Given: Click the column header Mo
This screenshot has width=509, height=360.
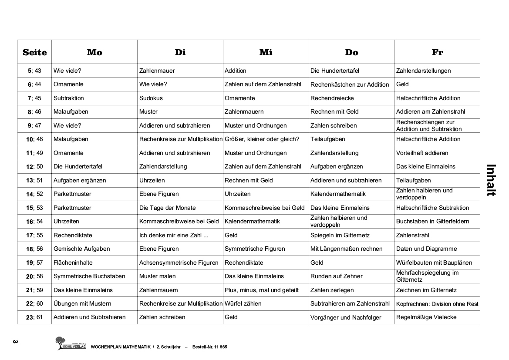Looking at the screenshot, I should (x=94, y=52).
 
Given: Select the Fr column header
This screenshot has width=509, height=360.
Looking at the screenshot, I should (x=437, y=52).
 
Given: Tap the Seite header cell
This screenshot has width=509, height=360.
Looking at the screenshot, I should (x=34, y=52).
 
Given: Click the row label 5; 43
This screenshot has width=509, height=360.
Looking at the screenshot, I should (x=34, y=71).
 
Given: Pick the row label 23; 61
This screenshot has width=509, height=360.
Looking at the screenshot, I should (x=34, y=317).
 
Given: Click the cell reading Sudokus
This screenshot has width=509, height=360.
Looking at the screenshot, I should (x=151, y=98).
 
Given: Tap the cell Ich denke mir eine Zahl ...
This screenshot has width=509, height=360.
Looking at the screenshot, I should (x=174, y=235).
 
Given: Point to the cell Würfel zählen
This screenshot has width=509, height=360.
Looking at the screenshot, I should (x=243, y=303).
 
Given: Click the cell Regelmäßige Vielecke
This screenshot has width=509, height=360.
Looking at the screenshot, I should (x=426, y=317).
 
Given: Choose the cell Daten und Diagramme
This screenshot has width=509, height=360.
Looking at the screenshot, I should (x=426, y=249).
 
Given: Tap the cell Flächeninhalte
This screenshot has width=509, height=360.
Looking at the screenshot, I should (x=73, y=262).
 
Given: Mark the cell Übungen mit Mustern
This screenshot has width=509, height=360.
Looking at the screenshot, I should (x=82, y=303).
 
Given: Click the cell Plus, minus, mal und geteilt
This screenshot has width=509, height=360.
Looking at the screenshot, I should (x=261, y=290).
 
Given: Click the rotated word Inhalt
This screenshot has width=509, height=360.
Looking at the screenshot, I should (x=490, y=180).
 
